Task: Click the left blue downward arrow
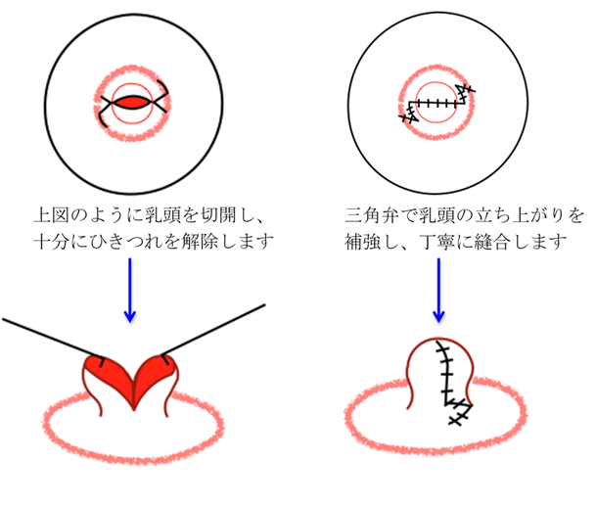tap(130, 289)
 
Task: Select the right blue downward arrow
tap(437, 289)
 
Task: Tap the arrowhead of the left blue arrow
tap(130, 315)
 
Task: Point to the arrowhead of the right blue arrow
tap(438, 315)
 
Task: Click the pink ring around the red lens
tap(132, 70)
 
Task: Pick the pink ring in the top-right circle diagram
tap(436, 70)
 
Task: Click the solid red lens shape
tap(132, 103)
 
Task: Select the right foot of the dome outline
tap(471, 401)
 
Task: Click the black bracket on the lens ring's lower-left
tap(104, 120)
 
